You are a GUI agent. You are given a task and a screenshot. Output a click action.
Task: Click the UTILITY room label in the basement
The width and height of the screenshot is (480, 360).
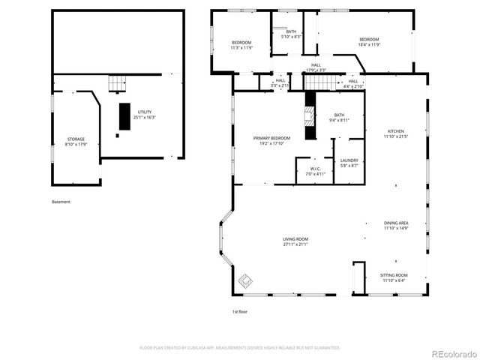pyautogui.click(x=144, y=114)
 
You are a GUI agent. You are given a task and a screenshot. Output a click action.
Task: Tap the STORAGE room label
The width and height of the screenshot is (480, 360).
pyautogui.click(x=76, y=142)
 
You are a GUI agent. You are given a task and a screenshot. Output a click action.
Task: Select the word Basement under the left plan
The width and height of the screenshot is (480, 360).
pyautogui.click(x=61, y=202)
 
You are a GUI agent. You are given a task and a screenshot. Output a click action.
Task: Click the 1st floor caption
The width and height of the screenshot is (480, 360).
pyautogui.click(x=239, y=310)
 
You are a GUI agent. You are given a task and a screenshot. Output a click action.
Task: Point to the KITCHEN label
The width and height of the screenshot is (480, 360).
pyautogui.click(x=394, y=133)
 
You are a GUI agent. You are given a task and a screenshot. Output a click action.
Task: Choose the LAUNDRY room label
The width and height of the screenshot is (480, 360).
pyautogui.click(x=349, y=162)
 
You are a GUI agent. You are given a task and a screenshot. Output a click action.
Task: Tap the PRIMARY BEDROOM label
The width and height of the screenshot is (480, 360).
pyautogui.click(x=271, y=141)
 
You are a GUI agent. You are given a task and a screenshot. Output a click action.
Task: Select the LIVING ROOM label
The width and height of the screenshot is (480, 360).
pyautogui.click(x=295, y=241)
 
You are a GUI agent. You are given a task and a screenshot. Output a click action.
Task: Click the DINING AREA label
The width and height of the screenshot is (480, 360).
pyautogui.click(x=396, y=225)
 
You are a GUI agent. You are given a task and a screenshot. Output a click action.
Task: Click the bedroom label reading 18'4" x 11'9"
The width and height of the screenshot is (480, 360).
pyautogui.click(x=369, y=42)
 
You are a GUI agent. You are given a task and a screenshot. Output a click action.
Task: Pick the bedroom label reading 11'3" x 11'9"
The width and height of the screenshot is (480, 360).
pyautogui.click(x=241, y=45)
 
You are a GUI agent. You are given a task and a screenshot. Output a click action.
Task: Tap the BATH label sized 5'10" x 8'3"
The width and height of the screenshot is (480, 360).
pyautogui.click(x=291, y=34)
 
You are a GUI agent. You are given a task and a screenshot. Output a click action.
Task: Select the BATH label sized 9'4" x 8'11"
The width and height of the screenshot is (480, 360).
pyautogui.click(x=339, y=118)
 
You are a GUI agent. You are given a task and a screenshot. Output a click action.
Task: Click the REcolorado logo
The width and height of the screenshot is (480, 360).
pyautogui.click(x=451, y=352)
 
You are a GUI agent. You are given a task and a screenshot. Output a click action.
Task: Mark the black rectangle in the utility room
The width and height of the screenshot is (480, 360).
pyautogui.click(x=124, y=116)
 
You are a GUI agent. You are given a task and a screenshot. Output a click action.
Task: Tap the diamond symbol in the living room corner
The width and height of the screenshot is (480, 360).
pyautogui.click(x=245, y=282)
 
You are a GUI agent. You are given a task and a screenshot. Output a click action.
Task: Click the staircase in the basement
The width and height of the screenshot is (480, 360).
pyautogui.click(x=117, y=82)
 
